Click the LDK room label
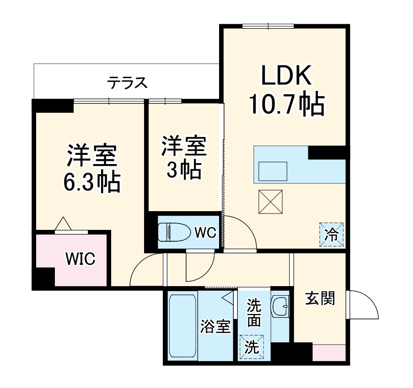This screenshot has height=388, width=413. point(286,76)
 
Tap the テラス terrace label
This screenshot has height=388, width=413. point(128,83)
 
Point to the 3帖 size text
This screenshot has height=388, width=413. point(183,170)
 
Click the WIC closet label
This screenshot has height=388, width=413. point(80,259)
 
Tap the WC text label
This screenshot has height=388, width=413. point(205,233)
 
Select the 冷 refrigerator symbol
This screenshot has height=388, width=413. point(332,234)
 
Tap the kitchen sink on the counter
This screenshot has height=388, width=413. point(273,171)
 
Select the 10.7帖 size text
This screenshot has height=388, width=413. point(286,105)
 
